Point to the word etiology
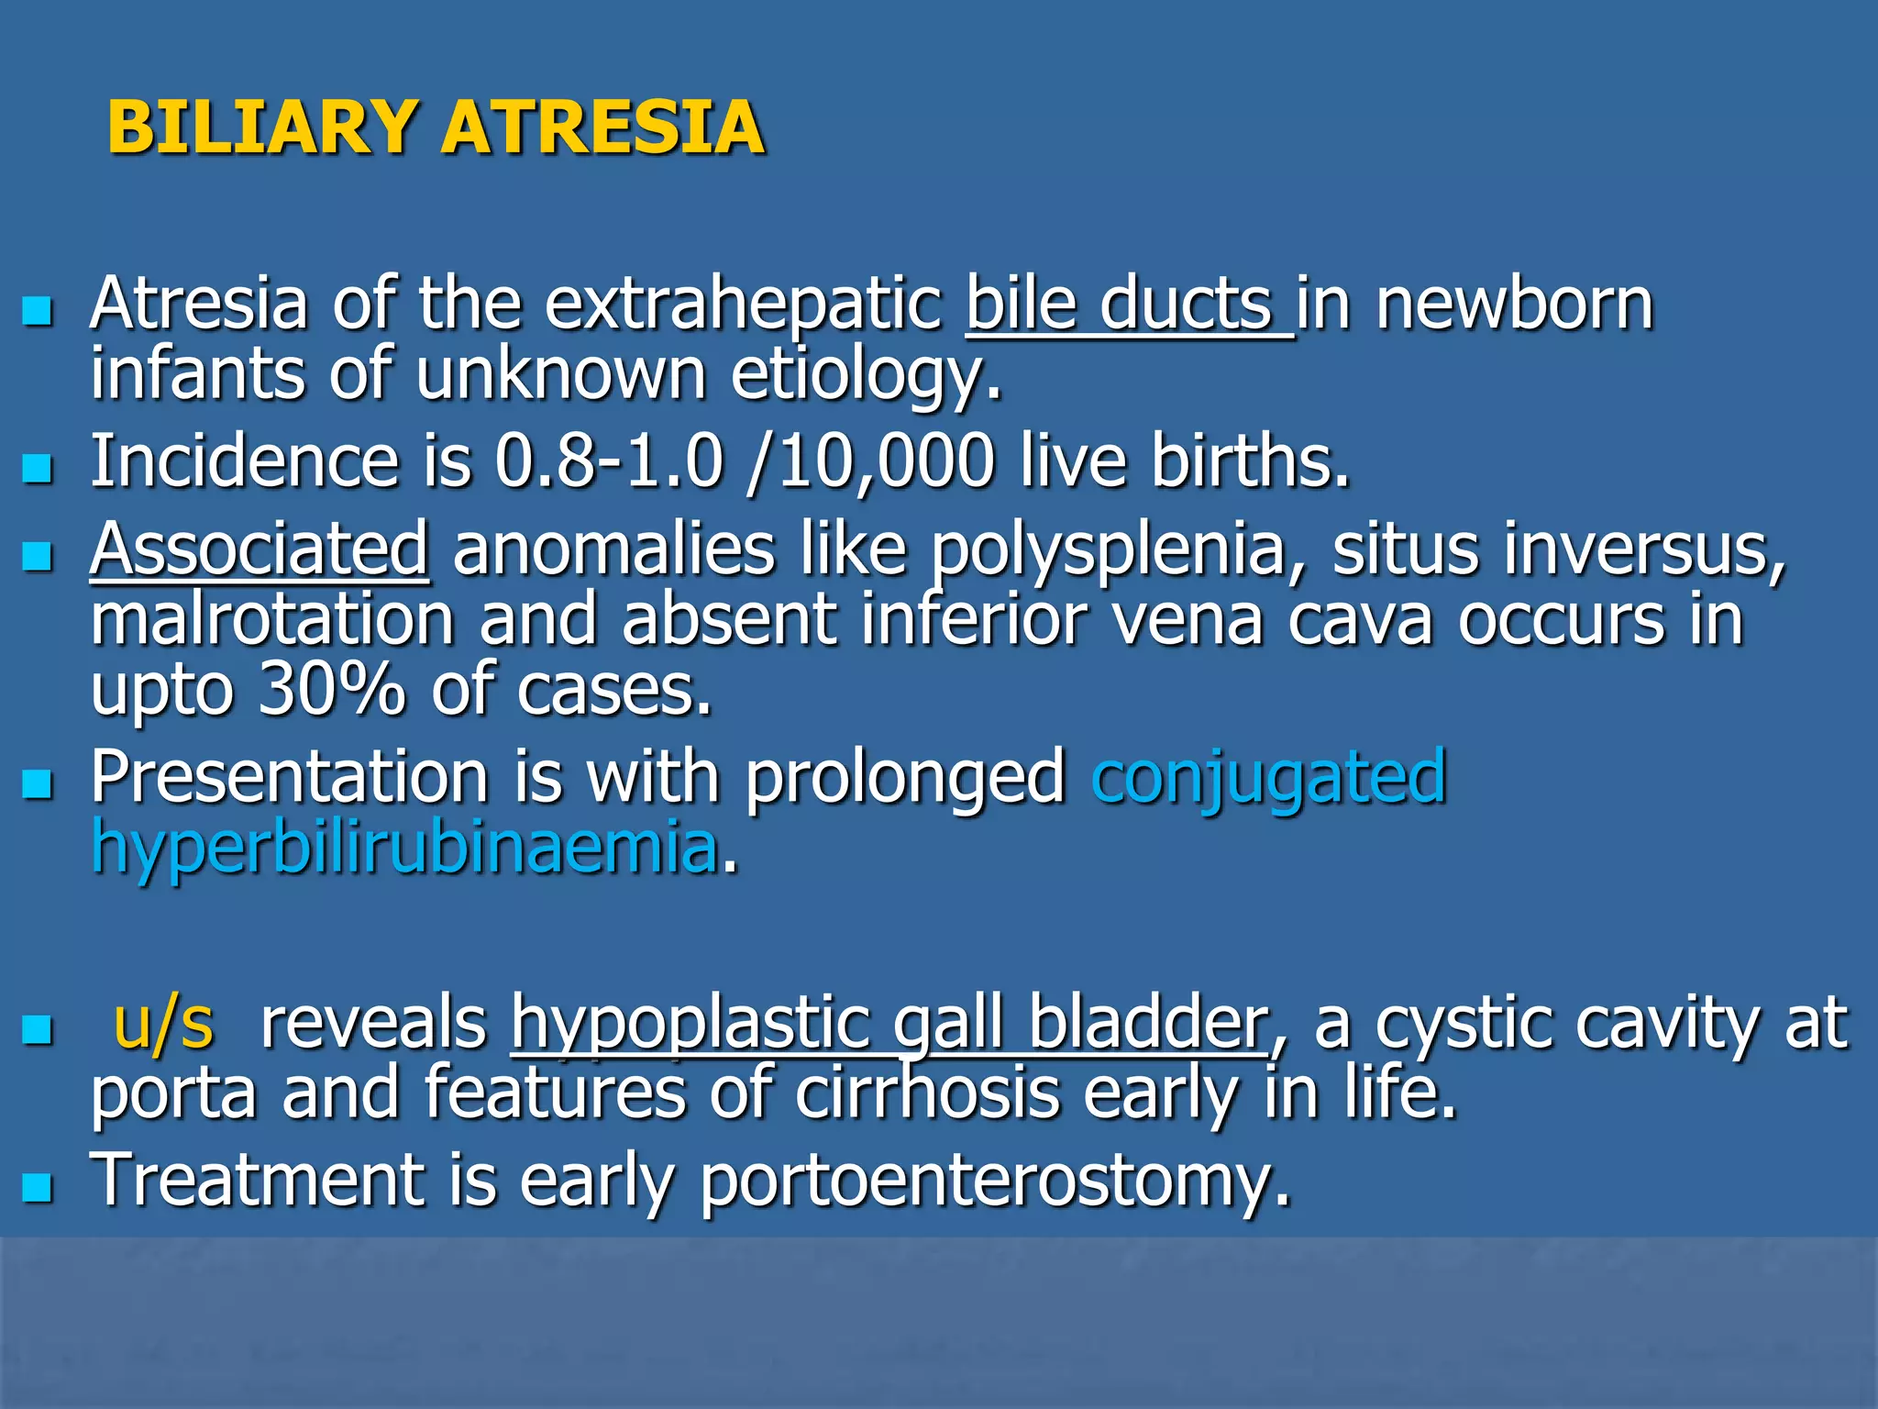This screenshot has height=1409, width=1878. coord(866,376)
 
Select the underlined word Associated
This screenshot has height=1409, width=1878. coord(260,549)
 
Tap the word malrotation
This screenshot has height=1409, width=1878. coord(273,620)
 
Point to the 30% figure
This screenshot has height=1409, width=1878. coord(331,690)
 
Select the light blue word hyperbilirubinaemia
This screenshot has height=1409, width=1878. coord(404,848)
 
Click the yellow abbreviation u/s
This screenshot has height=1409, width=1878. coord(163,1024)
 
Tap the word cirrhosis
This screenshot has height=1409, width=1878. coord(927,1093)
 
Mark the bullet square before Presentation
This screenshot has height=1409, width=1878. coord(38,785)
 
